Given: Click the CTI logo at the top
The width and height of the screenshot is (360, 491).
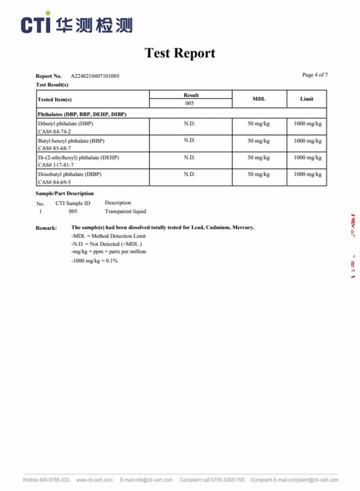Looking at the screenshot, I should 77,24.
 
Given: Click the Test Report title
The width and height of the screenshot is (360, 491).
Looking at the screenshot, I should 179,53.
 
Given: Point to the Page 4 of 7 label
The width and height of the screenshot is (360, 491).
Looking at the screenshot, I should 314,75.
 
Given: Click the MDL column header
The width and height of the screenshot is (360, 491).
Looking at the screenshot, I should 259,99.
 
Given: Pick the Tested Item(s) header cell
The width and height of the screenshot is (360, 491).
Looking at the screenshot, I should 55,100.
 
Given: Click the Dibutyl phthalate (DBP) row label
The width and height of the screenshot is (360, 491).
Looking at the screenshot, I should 65,123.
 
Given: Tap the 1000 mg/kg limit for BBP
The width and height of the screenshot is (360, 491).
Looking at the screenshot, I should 307,141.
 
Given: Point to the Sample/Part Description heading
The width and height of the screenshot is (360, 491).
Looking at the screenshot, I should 65,194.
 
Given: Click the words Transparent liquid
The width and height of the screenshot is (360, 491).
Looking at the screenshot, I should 125,211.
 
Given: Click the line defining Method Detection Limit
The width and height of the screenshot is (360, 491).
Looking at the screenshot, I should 108,236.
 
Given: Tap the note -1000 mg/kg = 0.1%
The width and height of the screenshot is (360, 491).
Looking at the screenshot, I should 94,261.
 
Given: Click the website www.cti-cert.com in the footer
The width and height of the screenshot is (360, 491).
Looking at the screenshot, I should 94,480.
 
